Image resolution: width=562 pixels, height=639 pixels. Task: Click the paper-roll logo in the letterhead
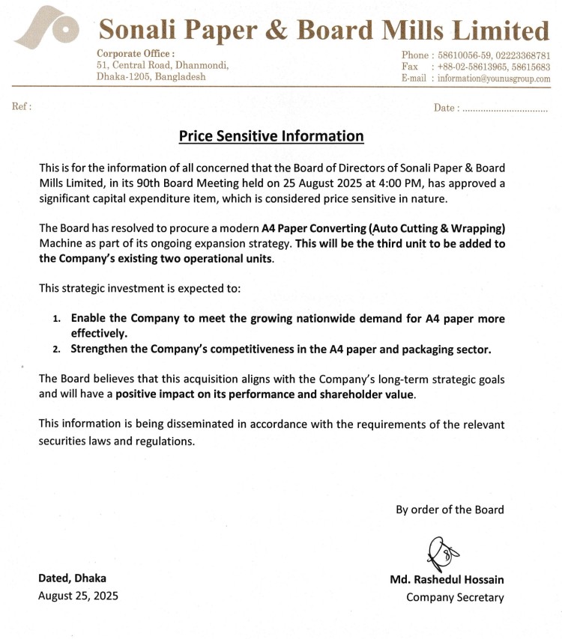coord(47,32)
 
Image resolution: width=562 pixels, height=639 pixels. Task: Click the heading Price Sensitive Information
coord(271,136)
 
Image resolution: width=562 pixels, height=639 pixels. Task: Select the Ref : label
coord(22,106)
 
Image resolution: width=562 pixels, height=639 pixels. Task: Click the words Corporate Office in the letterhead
coord(136,53)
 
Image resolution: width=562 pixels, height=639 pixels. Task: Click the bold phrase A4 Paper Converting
coord(313,228)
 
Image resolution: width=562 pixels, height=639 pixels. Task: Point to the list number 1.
coord(57,319)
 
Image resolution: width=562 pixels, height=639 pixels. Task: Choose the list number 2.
coord(57,349)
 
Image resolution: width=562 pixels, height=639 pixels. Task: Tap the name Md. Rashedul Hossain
coord(447,579)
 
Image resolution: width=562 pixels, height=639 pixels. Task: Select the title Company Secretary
coord(455,597)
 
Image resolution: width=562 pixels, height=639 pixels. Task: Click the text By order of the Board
coord(450,510)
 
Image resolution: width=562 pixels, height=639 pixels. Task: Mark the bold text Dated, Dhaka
coord(73,578)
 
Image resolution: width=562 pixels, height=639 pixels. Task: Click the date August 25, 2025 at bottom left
coord(78,596)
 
